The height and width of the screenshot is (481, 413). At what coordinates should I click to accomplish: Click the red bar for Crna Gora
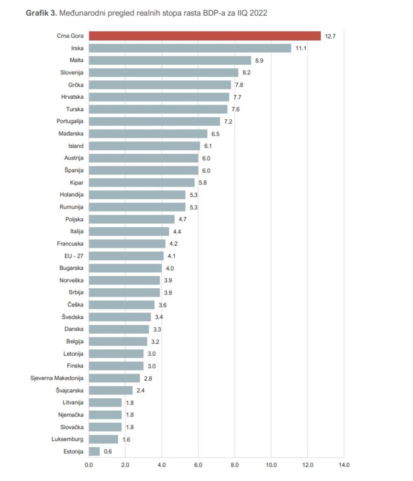pyautogui.click(x=204, y=36)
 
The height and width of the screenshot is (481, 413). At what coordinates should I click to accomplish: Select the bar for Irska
pyautogui.click(x=190, y=48)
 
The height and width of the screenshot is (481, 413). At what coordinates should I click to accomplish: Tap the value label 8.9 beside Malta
pyautogui.click(x=259, y=60)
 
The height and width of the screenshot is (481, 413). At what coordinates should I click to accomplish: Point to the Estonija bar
pyautogui.click(x=94, y=451)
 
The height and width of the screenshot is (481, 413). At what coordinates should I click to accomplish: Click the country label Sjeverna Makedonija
pyautogui.click(x=57, y=378)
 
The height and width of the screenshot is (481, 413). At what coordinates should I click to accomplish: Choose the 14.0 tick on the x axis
pyautogui.click(x=344, y=465)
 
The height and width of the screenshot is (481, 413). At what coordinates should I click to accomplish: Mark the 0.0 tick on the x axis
pyautogui.click(x=89, y=465)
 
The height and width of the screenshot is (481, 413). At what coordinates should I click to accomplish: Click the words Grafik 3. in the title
pyautogui.click(x=41, y=13)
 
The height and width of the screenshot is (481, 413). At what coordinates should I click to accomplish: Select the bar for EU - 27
pyautogui.click(x=126, y=256)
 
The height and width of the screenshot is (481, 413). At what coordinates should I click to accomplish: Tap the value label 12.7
pyautogui.click(x=330, y=36)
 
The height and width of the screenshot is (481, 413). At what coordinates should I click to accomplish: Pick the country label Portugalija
pyautogui.click(x=70, y=122)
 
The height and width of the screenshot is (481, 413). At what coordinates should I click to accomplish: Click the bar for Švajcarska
pyautogui.click(x=111, y=390)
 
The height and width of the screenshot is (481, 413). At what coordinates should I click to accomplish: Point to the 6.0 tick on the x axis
pyautogui.click(x=198, y=465)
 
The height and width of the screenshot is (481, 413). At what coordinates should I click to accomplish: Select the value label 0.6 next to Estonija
pyautogui.click(x=108, y=452)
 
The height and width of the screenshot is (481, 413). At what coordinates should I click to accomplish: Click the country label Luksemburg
pyautogui.click(x=67, y=439)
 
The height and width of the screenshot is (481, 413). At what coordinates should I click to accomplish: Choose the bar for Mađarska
pyautogui.click(x=148, y=134)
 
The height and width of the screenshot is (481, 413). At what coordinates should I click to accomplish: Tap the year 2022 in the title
pyautogui.click(x=258, y=13)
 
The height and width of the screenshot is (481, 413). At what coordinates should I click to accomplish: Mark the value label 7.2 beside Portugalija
pyautogui.click(x=228, y=122)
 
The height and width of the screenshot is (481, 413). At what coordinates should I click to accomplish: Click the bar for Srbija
pyautogui.click(x=124, y=292)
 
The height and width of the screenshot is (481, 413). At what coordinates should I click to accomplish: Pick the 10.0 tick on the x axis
pyautogui.click(x=271, y=465)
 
